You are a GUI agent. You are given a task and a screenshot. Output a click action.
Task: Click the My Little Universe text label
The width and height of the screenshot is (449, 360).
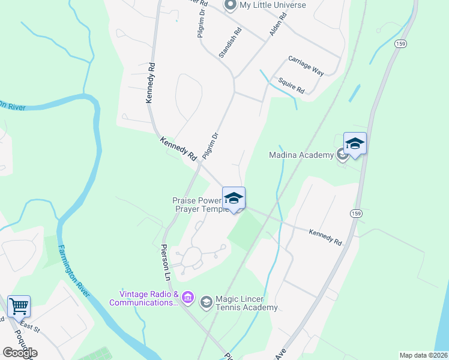(273, 5)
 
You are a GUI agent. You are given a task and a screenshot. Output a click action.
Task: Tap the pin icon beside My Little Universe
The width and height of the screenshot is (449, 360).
(229, 5)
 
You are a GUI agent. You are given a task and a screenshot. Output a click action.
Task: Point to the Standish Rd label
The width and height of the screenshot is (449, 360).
(230, 42)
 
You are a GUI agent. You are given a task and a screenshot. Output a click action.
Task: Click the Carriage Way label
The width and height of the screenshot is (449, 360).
(306, 66)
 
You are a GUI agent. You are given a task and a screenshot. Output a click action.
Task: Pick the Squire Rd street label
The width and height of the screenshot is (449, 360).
(292, 86)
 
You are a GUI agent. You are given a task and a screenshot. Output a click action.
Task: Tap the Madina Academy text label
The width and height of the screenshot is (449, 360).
(301, 155)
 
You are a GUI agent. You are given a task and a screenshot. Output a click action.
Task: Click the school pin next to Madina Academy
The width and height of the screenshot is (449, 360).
(355, 144)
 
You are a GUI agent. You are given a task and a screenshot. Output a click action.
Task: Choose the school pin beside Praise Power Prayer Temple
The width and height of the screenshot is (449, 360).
(234, 199)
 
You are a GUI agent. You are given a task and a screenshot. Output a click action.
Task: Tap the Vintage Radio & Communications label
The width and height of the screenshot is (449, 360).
(144, 298)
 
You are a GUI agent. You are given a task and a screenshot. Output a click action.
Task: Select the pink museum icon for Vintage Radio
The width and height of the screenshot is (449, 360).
(187, 298)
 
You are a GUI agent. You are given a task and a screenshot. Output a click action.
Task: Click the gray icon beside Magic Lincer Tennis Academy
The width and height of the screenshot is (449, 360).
(206, 301)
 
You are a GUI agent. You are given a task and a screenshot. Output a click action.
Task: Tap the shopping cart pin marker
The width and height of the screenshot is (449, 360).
(19, 306)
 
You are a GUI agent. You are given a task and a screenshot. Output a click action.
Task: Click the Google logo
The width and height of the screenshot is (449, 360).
(20, 353)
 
